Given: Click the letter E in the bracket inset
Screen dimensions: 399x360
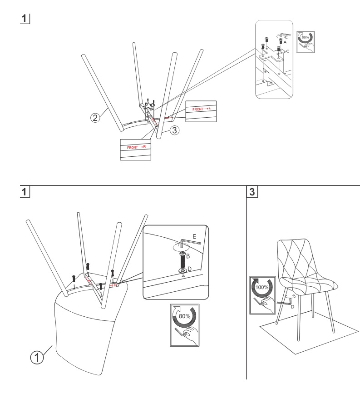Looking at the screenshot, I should [286, 37].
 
